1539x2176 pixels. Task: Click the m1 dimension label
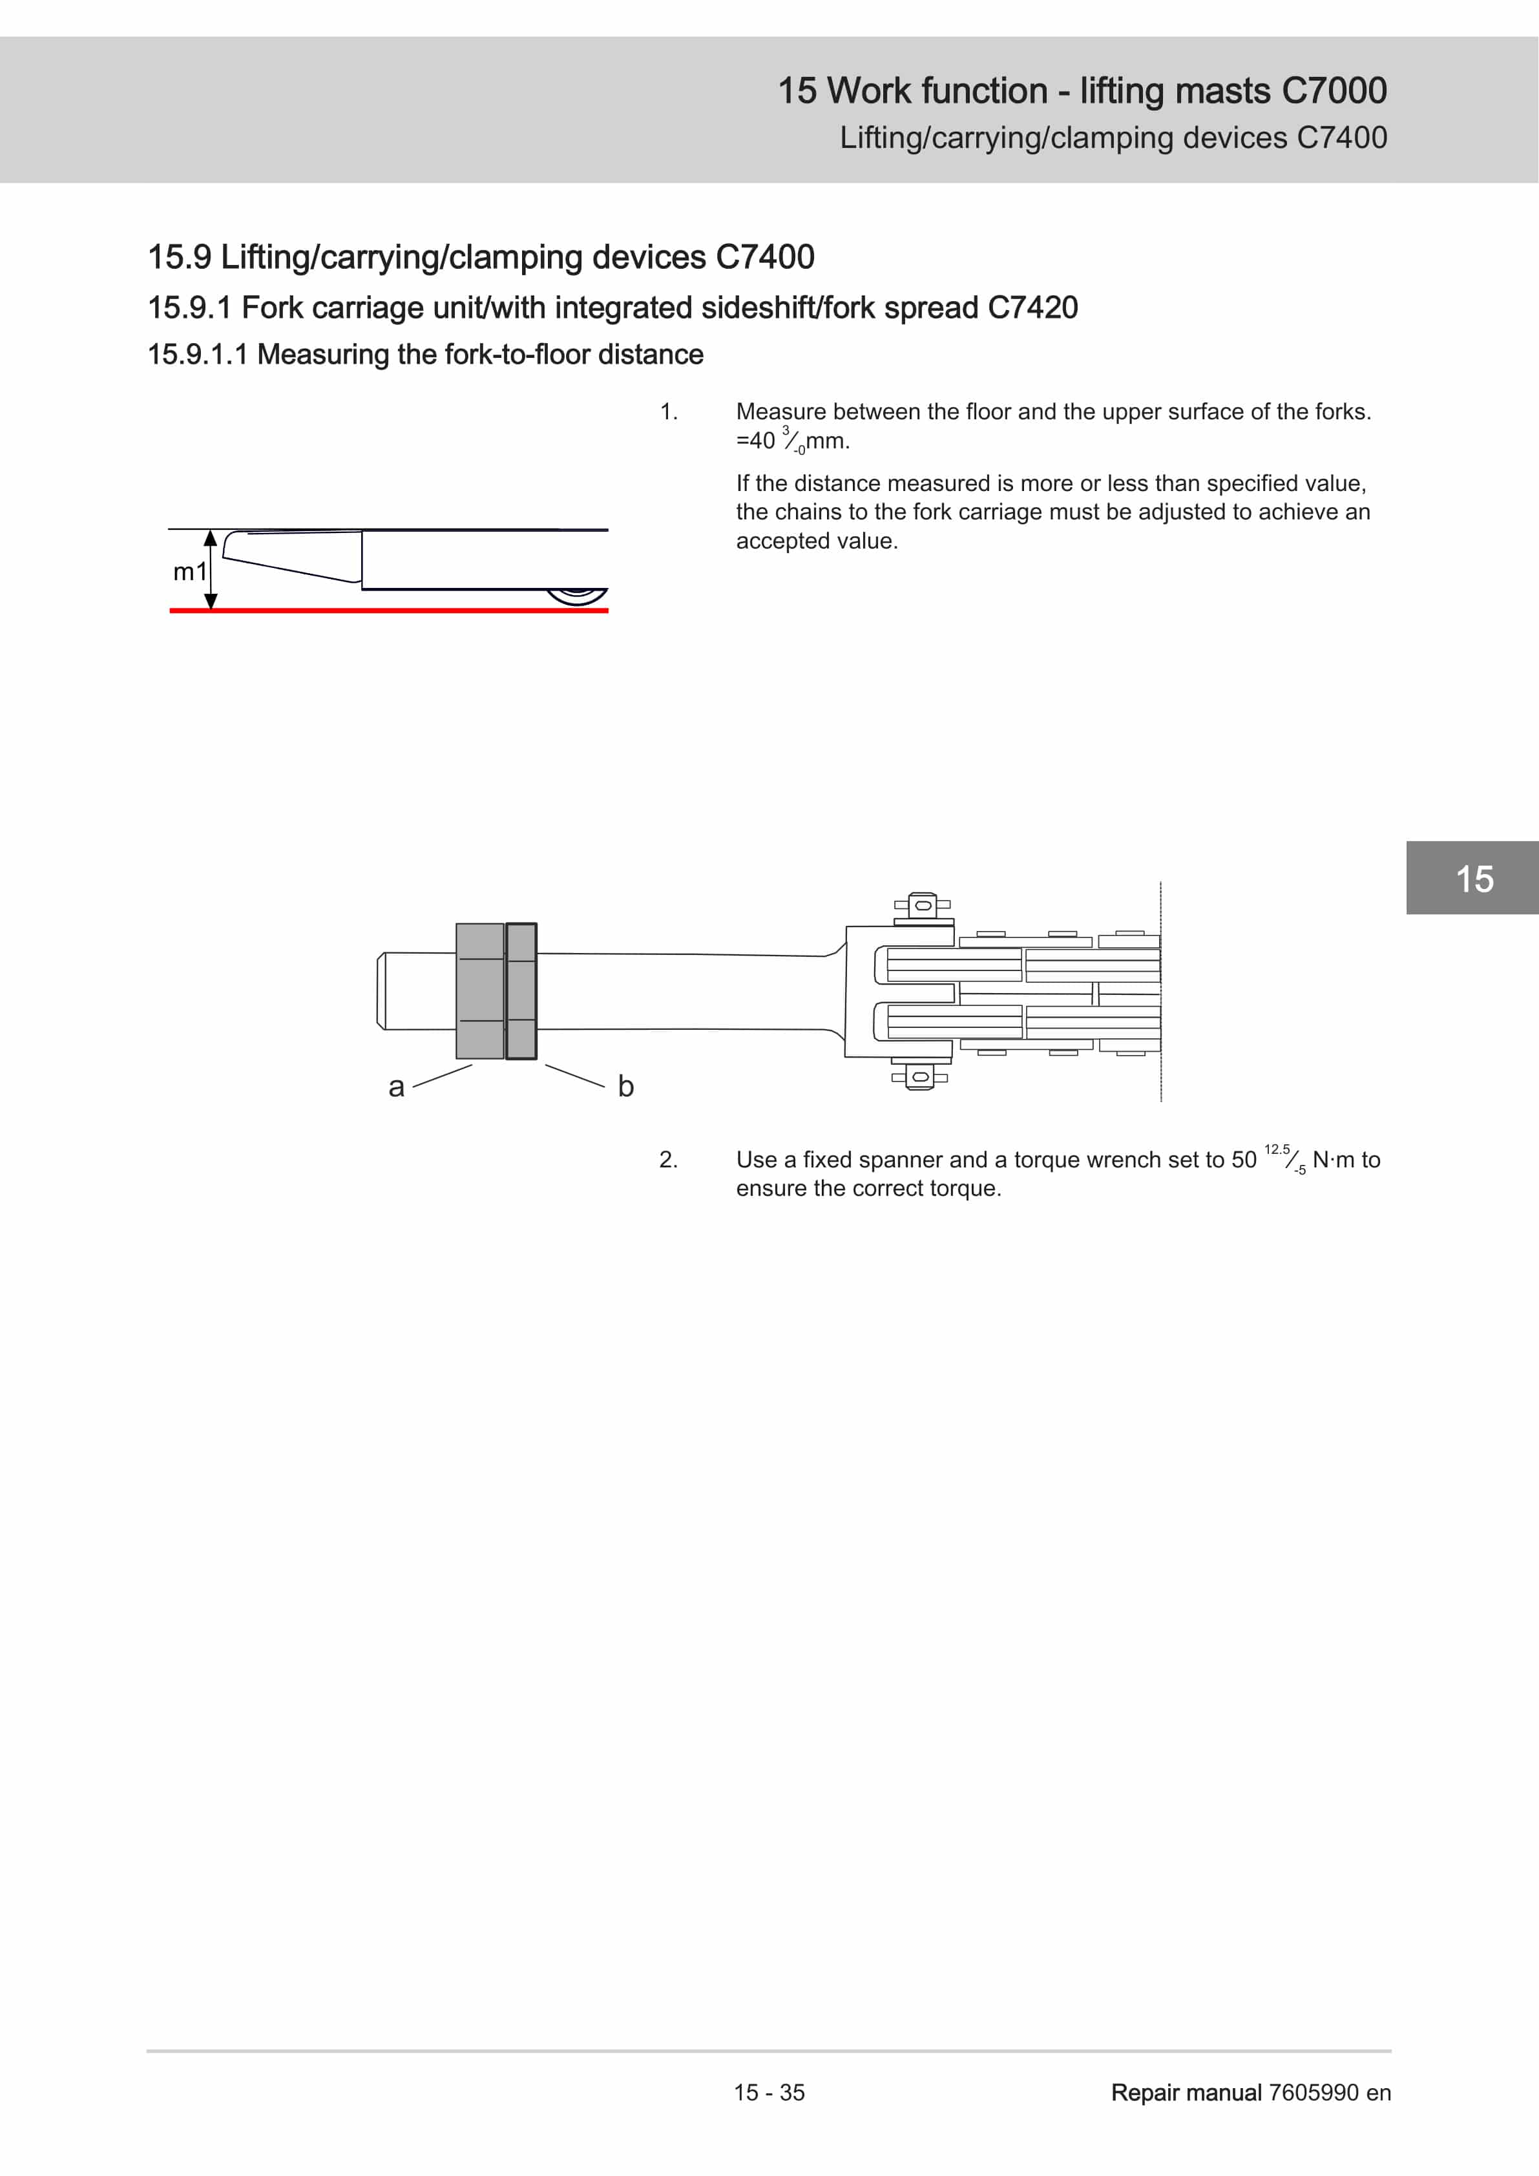[189, 572]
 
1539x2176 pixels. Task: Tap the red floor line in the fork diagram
[388, 611]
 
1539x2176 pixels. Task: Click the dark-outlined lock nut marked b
[521, 990]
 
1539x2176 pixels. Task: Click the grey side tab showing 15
[1474, 879]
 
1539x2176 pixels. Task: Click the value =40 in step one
[755, 441]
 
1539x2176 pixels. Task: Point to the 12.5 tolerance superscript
[1277, 1149]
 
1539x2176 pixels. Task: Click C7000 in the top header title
[1334, 91]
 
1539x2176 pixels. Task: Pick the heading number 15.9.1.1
[197, 355]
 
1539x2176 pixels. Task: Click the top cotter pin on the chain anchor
[922, 905]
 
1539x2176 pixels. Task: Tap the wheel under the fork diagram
[576, 596]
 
